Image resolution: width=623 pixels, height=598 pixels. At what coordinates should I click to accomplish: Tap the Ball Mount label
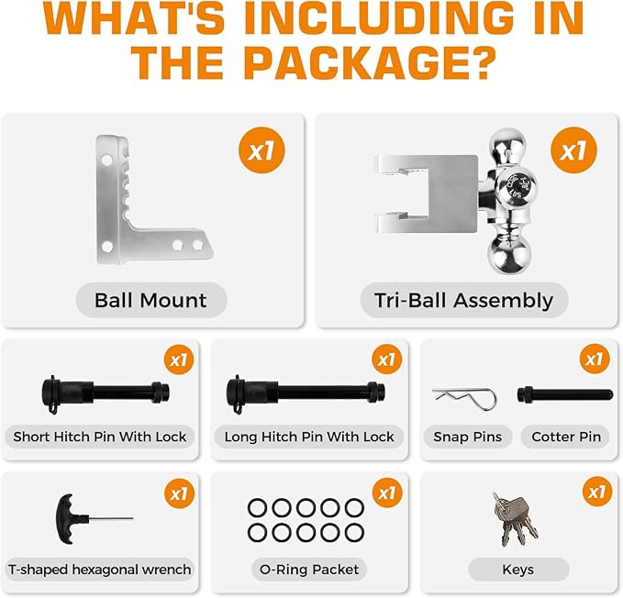point(150,300)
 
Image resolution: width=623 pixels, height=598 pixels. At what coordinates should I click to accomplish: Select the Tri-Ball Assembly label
point(463,300)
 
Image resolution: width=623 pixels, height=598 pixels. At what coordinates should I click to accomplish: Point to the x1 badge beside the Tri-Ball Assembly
point(573,149)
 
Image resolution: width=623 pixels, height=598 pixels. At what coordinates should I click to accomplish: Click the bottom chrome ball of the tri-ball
point(508,249)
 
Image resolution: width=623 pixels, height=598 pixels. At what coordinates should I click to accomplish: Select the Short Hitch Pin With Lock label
point(100,437)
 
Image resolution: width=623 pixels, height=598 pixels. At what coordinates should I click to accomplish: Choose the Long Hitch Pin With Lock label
point(309,437)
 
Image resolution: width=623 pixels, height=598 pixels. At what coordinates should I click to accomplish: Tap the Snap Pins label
point(468,437)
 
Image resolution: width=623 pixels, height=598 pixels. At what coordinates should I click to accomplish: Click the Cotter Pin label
point(566,437)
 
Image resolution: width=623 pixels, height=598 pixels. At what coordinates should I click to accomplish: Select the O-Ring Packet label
point(309,570)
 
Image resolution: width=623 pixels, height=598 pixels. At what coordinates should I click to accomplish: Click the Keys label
point(517,570)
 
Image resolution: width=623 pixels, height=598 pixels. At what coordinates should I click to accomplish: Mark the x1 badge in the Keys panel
point(597,493)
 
